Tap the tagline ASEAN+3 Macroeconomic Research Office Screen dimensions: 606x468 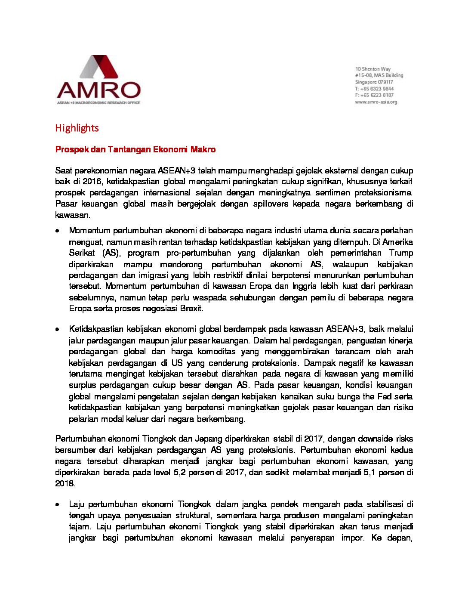99,103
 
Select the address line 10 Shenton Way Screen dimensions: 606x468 373,69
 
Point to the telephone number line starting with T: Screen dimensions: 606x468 374,89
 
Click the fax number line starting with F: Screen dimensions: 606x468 374,95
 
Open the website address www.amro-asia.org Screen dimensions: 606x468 376,102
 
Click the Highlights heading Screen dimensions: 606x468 77,128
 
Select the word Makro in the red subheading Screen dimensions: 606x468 203,149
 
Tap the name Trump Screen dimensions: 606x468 401,253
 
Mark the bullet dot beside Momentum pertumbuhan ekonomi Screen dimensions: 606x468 57,231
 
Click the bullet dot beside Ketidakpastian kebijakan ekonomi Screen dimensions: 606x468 57,330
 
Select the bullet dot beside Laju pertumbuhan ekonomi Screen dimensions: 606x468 57,504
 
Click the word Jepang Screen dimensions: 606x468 209,439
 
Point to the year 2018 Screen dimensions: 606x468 65,483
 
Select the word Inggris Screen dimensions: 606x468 304,286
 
